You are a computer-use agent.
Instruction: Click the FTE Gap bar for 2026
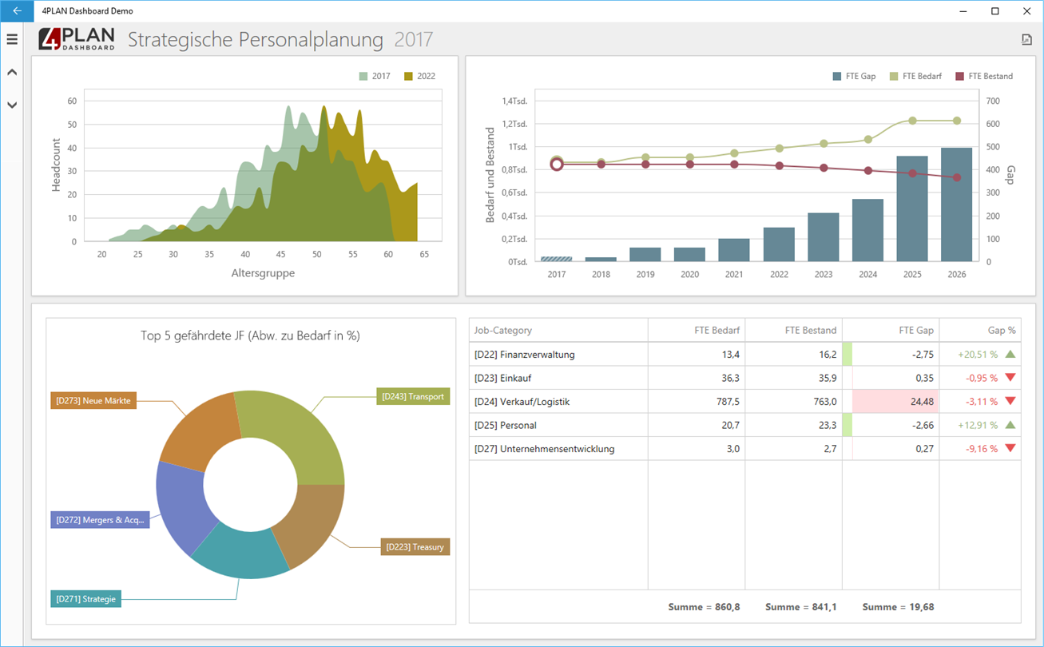[956, 204]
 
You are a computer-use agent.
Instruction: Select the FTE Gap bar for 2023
[823, 237]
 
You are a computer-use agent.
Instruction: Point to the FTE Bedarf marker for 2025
[912, 121]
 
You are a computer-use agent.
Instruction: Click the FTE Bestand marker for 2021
[734, 164]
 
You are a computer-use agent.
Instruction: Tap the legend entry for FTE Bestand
[984, 76]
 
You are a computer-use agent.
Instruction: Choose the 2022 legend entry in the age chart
[419, 76]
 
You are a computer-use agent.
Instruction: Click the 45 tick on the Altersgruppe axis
[280, 254]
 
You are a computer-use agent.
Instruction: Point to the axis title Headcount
[56, 165]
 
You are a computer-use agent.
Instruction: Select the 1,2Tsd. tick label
[514, 124]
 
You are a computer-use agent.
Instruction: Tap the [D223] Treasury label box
[415, 547]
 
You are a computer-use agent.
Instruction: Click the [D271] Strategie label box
[85, 599]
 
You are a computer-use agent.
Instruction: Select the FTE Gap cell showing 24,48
[895, 401]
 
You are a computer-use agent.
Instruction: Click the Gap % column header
[1002, 330]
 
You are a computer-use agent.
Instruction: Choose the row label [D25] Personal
[505, 425]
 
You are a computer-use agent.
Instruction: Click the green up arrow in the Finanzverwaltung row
[1010, 354]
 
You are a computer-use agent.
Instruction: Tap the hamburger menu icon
[12, 39]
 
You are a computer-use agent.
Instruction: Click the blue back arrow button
[17, 10]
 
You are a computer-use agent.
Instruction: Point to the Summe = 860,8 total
[704, 607]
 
